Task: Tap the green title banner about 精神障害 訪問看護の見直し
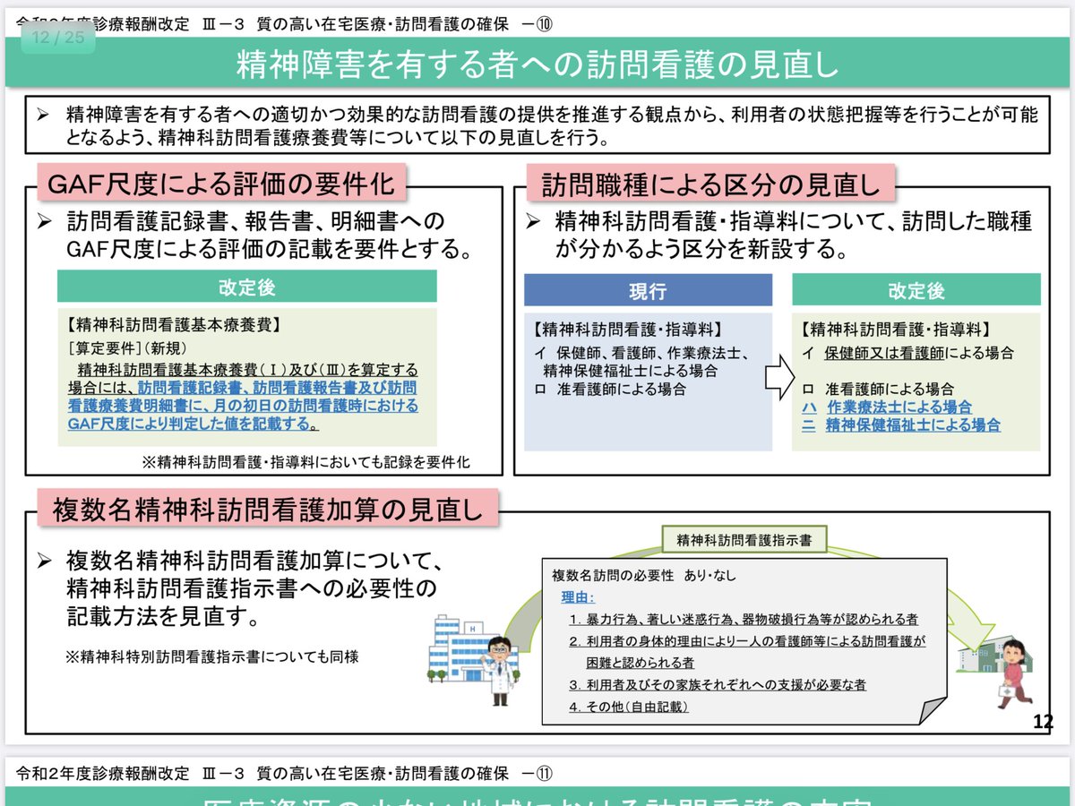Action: (537, 64)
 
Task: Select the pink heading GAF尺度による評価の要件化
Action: (220, 184)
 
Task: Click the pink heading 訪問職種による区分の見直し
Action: (710, 184)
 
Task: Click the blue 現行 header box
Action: (648, 291)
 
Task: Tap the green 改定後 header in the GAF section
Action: (246, 287)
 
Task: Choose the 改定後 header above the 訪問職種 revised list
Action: (916, 291)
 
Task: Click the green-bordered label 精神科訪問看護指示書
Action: (744, 541)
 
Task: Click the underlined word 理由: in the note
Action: (578, 597)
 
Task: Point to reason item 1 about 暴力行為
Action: (743, 619)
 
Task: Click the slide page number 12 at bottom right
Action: (1043, 722)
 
